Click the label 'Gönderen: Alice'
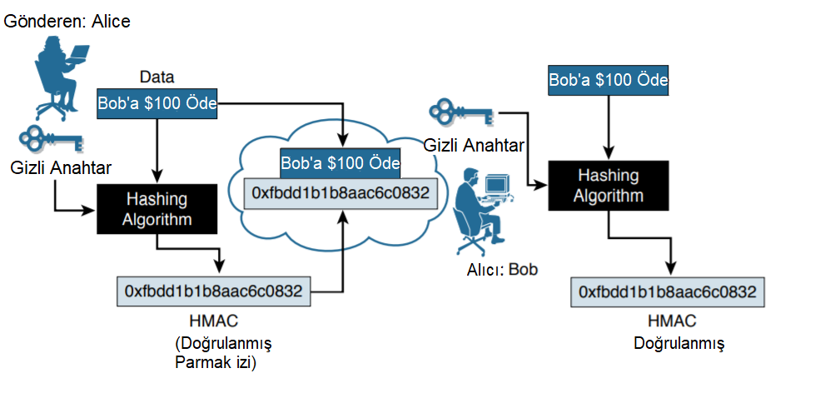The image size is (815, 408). coord(67,22)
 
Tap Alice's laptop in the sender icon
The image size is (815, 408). coord(78,53)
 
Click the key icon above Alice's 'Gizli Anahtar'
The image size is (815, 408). coord(51,138)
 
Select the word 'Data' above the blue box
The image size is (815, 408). coord(157,77)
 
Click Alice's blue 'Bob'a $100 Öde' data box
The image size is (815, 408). coord(157,103)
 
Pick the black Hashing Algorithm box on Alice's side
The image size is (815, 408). coord(157,209)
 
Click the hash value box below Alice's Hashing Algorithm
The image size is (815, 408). coord(214,291)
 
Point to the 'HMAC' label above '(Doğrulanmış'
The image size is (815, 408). coord(214,321)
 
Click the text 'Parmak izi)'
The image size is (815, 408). coord(216,362)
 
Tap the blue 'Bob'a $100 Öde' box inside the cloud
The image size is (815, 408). coord(340,163)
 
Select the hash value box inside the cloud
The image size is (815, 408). coord(340,193)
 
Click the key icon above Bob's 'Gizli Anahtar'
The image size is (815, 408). coord(461,112)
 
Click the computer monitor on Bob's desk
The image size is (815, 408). coord(496,184)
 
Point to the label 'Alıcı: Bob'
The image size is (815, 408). coord(502,270)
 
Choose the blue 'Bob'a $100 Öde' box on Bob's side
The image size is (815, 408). coord(609,80)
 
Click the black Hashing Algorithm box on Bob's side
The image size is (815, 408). coord(609,186)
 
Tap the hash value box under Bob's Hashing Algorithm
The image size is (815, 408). coord(668,292)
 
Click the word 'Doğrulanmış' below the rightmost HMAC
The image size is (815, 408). coord(678,344)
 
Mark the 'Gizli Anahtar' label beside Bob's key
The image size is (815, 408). coord(474,146)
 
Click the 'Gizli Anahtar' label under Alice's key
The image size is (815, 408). coord(61,168)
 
